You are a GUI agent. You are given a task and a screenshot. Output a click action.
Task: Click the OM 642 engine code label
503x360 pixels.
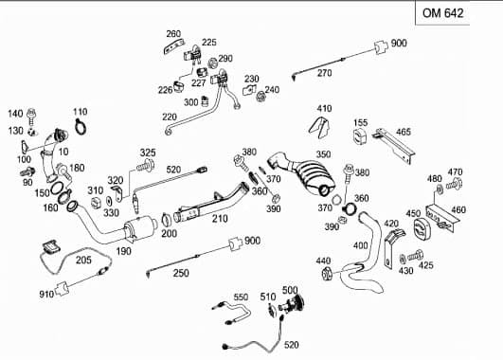(442, 13)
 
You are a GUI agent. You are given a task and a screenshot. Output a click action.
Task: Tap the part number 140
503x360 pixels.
(15, 114)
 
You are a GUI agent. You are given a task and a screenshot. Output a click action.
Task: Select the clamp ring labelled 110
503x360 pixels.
(81, 126)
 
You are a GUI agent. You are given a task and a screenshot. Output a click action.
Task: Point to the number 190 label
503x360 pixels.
(123, 251)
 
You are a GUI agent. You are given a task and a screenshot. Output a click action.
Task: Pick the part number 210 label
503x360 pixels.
(220, 219)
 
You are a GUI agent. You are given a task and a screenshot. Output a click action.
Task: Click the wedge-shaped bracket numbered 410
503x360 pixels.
(319, 127)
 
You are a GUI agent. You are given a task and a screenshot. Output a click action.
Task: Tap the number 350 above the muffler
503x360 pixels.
(323, 154)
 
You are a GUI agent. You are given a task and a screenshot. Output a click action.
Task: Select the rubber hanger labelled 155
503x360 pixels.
(360, 137)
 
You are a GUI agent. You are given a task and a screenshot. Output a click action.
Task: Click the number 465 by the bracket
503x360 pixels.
(404, 132)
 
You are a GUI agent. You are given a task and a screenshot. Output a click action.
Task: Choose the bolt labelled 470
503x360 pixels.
(454, 184)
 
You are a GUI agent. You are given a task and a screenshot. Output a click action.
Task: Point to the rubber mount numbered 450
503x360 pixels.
(420, 228)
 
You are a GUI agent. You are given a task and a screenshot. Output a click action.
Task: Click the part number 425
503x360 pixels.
(425, 265)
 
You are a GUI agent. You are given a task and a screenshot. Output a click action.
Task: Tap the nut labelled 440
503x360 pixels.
(327, 274)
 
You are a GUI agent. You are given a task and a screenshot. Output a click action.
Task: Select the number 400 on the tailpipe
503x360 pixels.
(360, 245)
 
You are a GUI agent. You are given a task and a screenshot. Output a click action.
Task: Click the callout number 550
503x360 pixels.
(241, 297)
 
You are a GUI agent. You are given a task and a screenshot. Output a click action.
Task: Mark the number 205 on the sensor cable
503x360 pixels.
(83, 260)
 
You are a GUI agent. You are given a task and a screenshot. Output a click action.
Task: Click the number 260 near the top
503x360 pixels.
(173, 34)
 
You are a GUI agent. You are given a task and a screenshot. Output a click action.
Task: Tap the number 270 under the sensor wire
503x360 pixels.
(324, 73)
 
